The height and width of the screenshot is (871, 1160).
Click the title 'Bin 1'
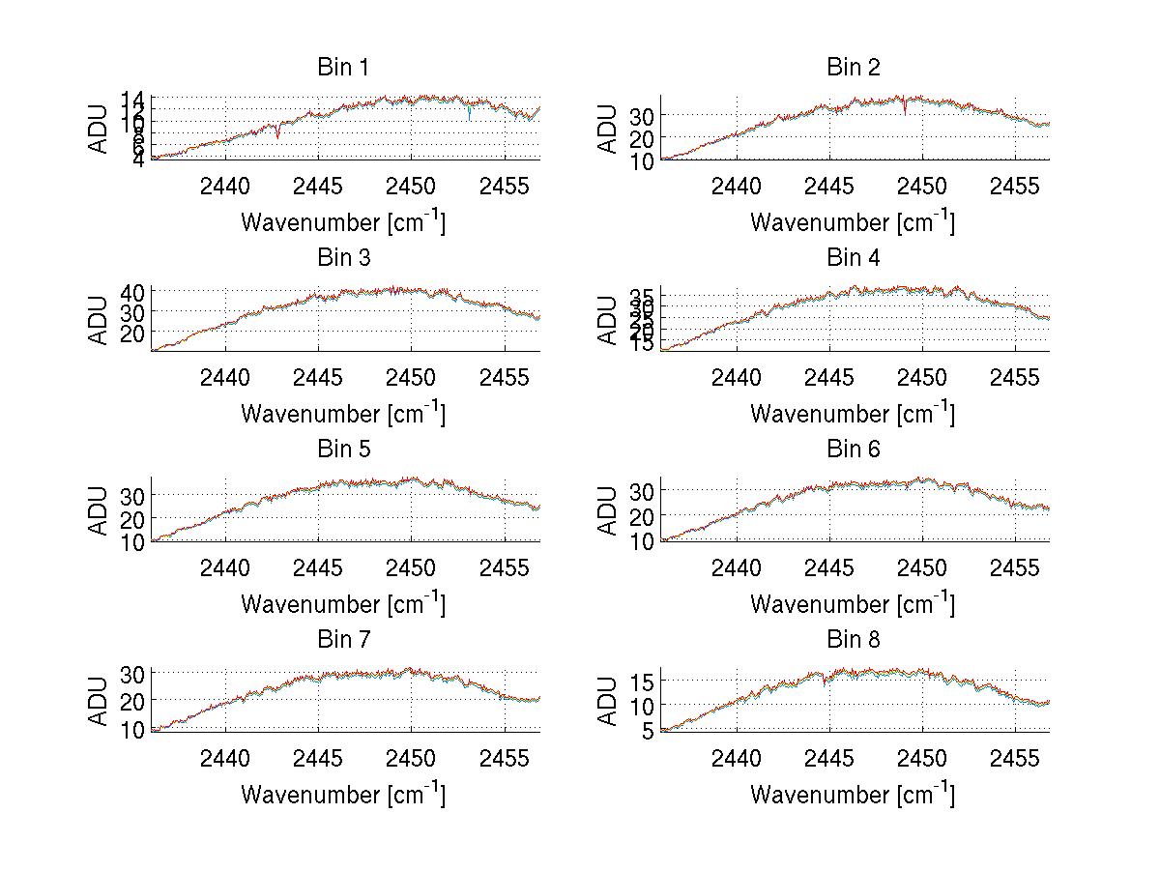point(343,68)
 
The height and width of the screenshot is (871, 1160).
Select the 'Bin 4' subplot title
point(853,258)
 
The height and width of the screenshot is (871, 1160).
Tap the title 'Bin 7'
point(343,640)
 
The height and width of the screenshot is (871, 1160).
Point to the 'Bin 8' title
point(853,640)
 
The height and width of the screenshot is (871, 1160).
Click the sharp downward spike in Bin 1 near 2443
point(278,136)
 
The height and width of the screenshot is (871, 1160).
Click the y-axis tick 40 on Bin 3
point(133,292)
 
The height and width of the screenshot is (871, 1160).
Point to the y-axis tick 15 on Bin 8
point(643,682)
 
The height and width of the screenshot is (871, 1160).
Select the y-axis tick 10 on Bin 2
point(643,161)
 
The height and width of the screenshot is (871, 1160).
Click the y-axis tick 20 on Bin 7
point(133,699)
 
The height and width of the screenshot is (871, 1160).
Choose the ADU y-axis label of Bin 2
point(608,129)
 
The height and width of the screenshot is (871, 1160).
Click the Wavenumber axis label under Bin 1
point(343,222)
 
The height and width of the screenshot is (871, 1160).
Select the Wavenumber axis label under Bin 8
point(853,795)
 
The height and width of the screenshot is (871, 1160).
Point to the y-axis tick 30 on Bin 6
point(643,491)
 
